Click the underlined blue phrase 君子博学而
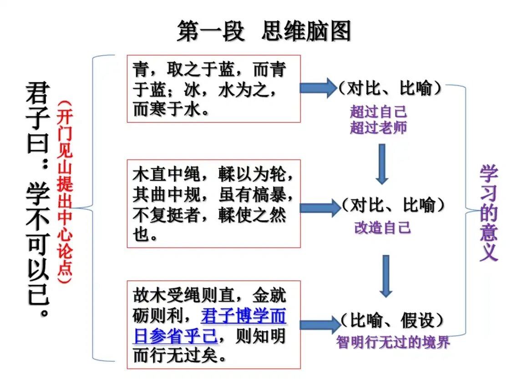tap(243, 316)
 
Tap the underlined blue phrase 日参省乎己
tap(175, 336)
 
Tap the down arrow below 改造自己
tap(386, 275)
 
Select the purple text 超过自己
tap(378, 111)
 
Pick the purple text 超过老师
tap(378, 128)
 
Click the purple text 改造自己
tap(382, 227)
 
